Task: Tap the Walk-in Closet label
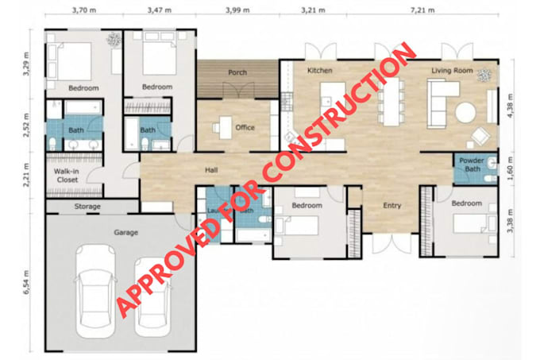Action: pos(66,176)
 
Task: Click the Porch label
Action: pos(237,72)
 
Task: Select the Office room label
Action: pos(245,127)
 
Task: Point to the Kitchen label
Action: pos(319,71)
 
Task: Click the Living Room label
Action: pos(452,71)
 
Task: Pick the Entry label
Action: pos(391,206)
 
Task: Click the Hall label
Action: pos(211,170)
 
